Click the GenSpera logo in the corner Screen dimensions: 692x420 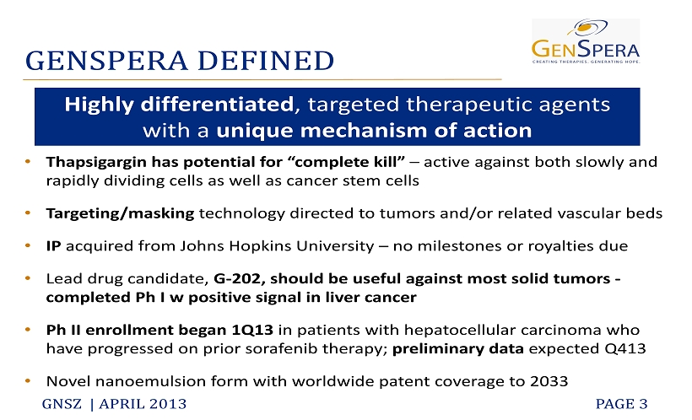click(586, 41)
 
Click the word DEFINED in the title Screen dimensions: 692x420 click(266, 61)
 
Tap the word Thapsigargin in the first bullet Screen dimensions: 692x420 click(96, 163)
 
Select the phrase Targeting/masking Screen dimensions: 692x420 click(120, 213)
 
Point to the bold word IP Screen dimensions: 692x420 click(53, 245)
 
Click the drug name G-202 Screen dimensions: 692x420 click(239, 279)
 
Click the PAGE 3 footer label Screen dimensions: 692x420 click(621, 404)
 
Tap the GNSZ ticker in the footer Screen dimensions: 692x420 click(62, 404)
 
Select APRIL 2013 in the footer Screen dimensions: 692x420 click(143, 404)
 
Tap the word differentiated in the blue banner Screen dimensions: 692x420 click(217, 105)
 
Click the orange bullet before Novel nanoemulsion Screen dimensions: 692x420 click(28, 380)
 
